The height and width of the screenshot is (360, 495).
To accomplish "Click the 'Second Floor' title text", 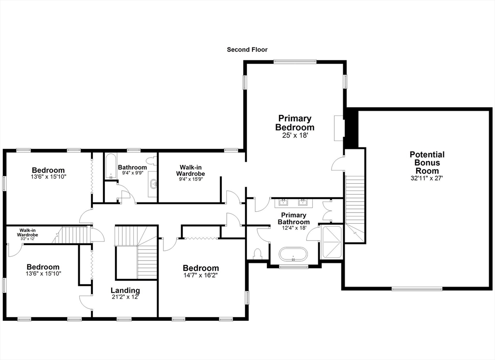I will click(247, 50).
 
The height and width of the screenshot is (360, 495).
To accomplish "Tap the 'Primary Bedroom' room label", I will click(294, 123).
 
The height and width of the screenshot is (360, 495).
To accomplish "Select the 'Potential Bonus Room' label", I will click(427, 163).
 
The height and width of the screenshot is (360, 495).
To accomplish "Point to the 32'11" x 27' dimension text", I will click(427, 178).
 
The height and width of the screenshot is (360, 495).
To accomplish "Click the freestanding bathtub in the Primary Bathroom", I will click(293, 254).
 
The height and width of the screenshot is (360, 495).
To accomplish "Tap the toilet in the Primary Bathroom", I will click(258, 253).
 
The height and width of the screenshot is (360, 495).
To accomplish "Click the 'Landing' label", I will click(125, 290).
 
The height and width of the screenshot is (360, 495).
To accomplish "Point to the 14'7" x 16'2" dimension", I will click(201, 276).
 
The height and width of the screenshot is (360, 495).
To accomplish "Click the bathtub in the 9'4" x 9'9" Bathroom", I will click(111, 166).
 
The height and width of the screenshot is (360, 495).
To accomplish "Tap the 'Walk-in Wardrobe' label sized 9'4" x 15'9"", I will click(190, 170).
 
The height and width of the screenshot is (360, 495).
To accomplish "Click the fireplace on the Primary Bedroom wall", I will click(338, 128).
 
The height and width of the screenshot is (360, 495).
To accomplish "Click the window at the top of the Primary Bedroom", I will click(295, 61).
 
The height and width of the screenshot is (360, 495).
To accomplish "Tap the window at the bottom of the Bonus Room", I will click(416, 289).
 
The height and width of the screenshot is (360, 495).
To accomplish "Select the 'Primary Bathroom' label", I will click(293, 218).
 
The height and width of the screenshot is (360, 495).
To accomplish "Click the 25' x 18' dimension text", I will click(295, 136).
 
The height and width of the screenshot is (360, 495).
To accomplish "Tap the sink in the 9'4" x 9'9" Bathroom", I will click(154, 184).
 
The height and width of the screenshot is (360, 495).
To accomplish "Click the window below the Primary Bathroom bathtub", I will click(293, 266).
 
